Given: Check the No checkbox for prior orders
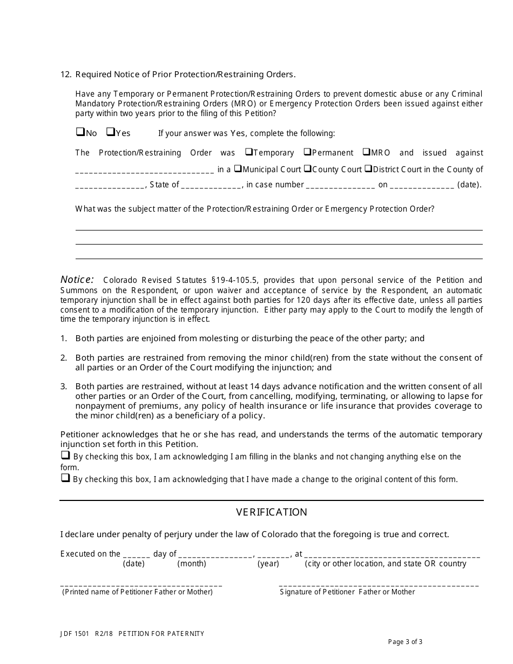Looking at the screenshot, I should (80, 132).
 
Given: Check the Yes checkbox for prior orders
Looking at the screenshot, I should (110, 132).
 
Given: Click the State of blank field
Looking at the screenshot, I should (211, 185).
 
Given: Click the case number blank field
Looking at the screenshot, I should (340, 185).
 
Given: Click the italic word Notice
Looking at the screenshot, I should (77, 280).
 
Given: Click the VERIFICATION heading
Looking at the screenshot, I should (271, 512).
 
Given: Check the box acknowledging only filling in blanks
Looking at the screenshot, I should (65, 456).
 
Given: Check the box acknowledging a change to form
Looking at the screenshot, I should (65, 478).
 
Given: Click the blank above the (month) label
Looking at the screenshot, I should (215, 554).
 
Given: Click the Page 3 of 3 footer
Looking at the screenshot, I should (405, 642).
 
